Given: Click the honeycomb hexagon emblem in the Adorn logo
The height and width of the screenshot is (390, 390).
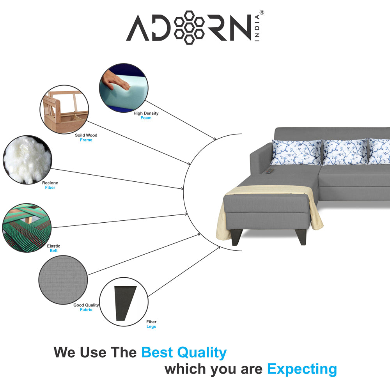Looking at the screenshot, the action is click(x=189, y=27).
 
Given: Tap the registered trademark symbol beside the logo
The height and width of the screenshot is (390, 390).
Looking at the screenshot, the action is click(x=262, y=12).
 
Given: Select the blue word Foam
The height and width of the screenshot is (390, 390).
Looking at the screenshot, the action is click(x=146, y=118).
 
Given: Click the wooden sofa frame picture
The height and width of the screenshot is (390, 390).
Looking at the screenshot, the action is click(x=64, y=110).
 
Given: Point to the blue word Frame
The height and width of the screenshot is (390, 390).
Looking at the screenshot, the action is click(x=86, y=140).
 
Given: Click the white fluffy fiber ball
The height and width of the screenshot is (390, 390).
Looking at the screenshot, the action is click(x=27, y=160).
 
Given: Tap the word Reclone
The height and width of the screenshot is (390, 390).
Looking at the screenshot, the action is click(x=50, y=183).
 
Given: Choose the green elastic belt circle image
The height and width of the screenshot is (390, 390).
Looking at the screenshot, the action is click(x=27, y=228).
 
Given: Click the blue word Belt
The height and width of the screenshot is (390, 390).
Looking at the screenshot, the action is click(x=53, y=251).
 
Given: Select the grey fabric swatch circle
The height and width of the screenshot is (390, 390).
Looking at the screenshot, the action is click(x=63, y=280).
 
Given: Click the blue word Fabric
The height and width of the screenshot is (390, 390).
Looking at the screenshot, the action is click(x=86, y=310).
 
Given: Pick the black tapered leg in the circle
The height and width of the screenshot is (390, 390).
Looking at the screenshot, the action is click(x=125, y=303).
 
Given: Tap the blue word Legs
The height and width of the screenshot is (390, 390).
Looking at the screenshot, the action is click(x=151, y=326).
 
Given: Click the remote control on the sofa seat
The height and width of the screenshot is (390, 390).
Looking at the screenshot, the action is click(x=269, y=171).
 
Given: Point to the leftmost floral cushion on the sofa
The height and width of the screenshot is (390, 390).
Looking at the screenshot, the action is click(x=296, y=152).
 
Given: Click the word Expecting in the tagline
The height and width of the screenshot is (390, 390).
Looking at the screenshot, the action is click(x=302, y=369).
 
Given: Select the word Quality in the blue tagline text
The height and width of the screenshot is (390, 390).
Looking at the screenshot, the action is click(x=202, y=353).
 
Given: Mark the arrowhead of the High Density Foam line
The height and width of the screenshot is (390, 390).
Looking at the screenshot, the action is click(x=214, y=138).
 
